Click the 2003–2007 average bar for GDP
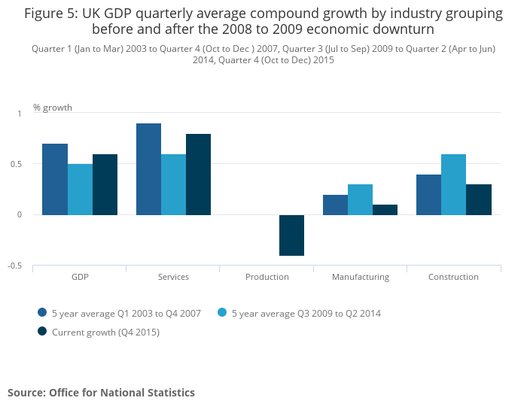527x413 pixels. coord(55,179)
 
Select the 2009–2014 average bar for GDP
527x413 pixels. coord(80,190)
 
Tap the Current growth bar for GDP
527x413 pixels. coord(105,184)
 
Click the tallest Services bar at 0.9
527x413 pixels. coord(148,169)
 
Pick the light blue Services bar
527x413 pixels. coord(173,184)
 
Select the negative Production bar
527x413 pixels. coord(291,235)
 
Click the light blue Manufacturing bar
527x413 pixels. coord(360,199)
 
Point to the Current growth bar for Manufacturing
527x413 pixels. coord(385,210)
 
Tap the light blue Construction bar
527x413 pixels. coord(453,184)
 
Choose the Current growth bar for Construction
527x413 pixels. coord(478,199)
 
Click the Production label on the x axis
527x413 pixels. coord(267,277)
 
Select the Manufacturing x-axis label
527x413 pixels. coord(361,277)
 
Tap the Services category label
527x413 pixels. coord(173,277)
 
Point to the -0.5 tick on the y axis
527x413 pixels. coord(16,266)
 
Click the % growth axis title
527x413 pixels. coord(53,108)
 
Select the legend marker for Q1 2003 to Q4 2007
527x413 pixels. coord(42,312)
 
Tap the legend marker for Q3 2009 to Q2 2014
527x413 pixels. coord(223,312)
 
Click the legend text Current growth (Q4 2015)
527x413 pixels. coord(105,332)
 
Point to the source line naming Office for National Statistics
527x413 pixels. coord(101,393)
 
